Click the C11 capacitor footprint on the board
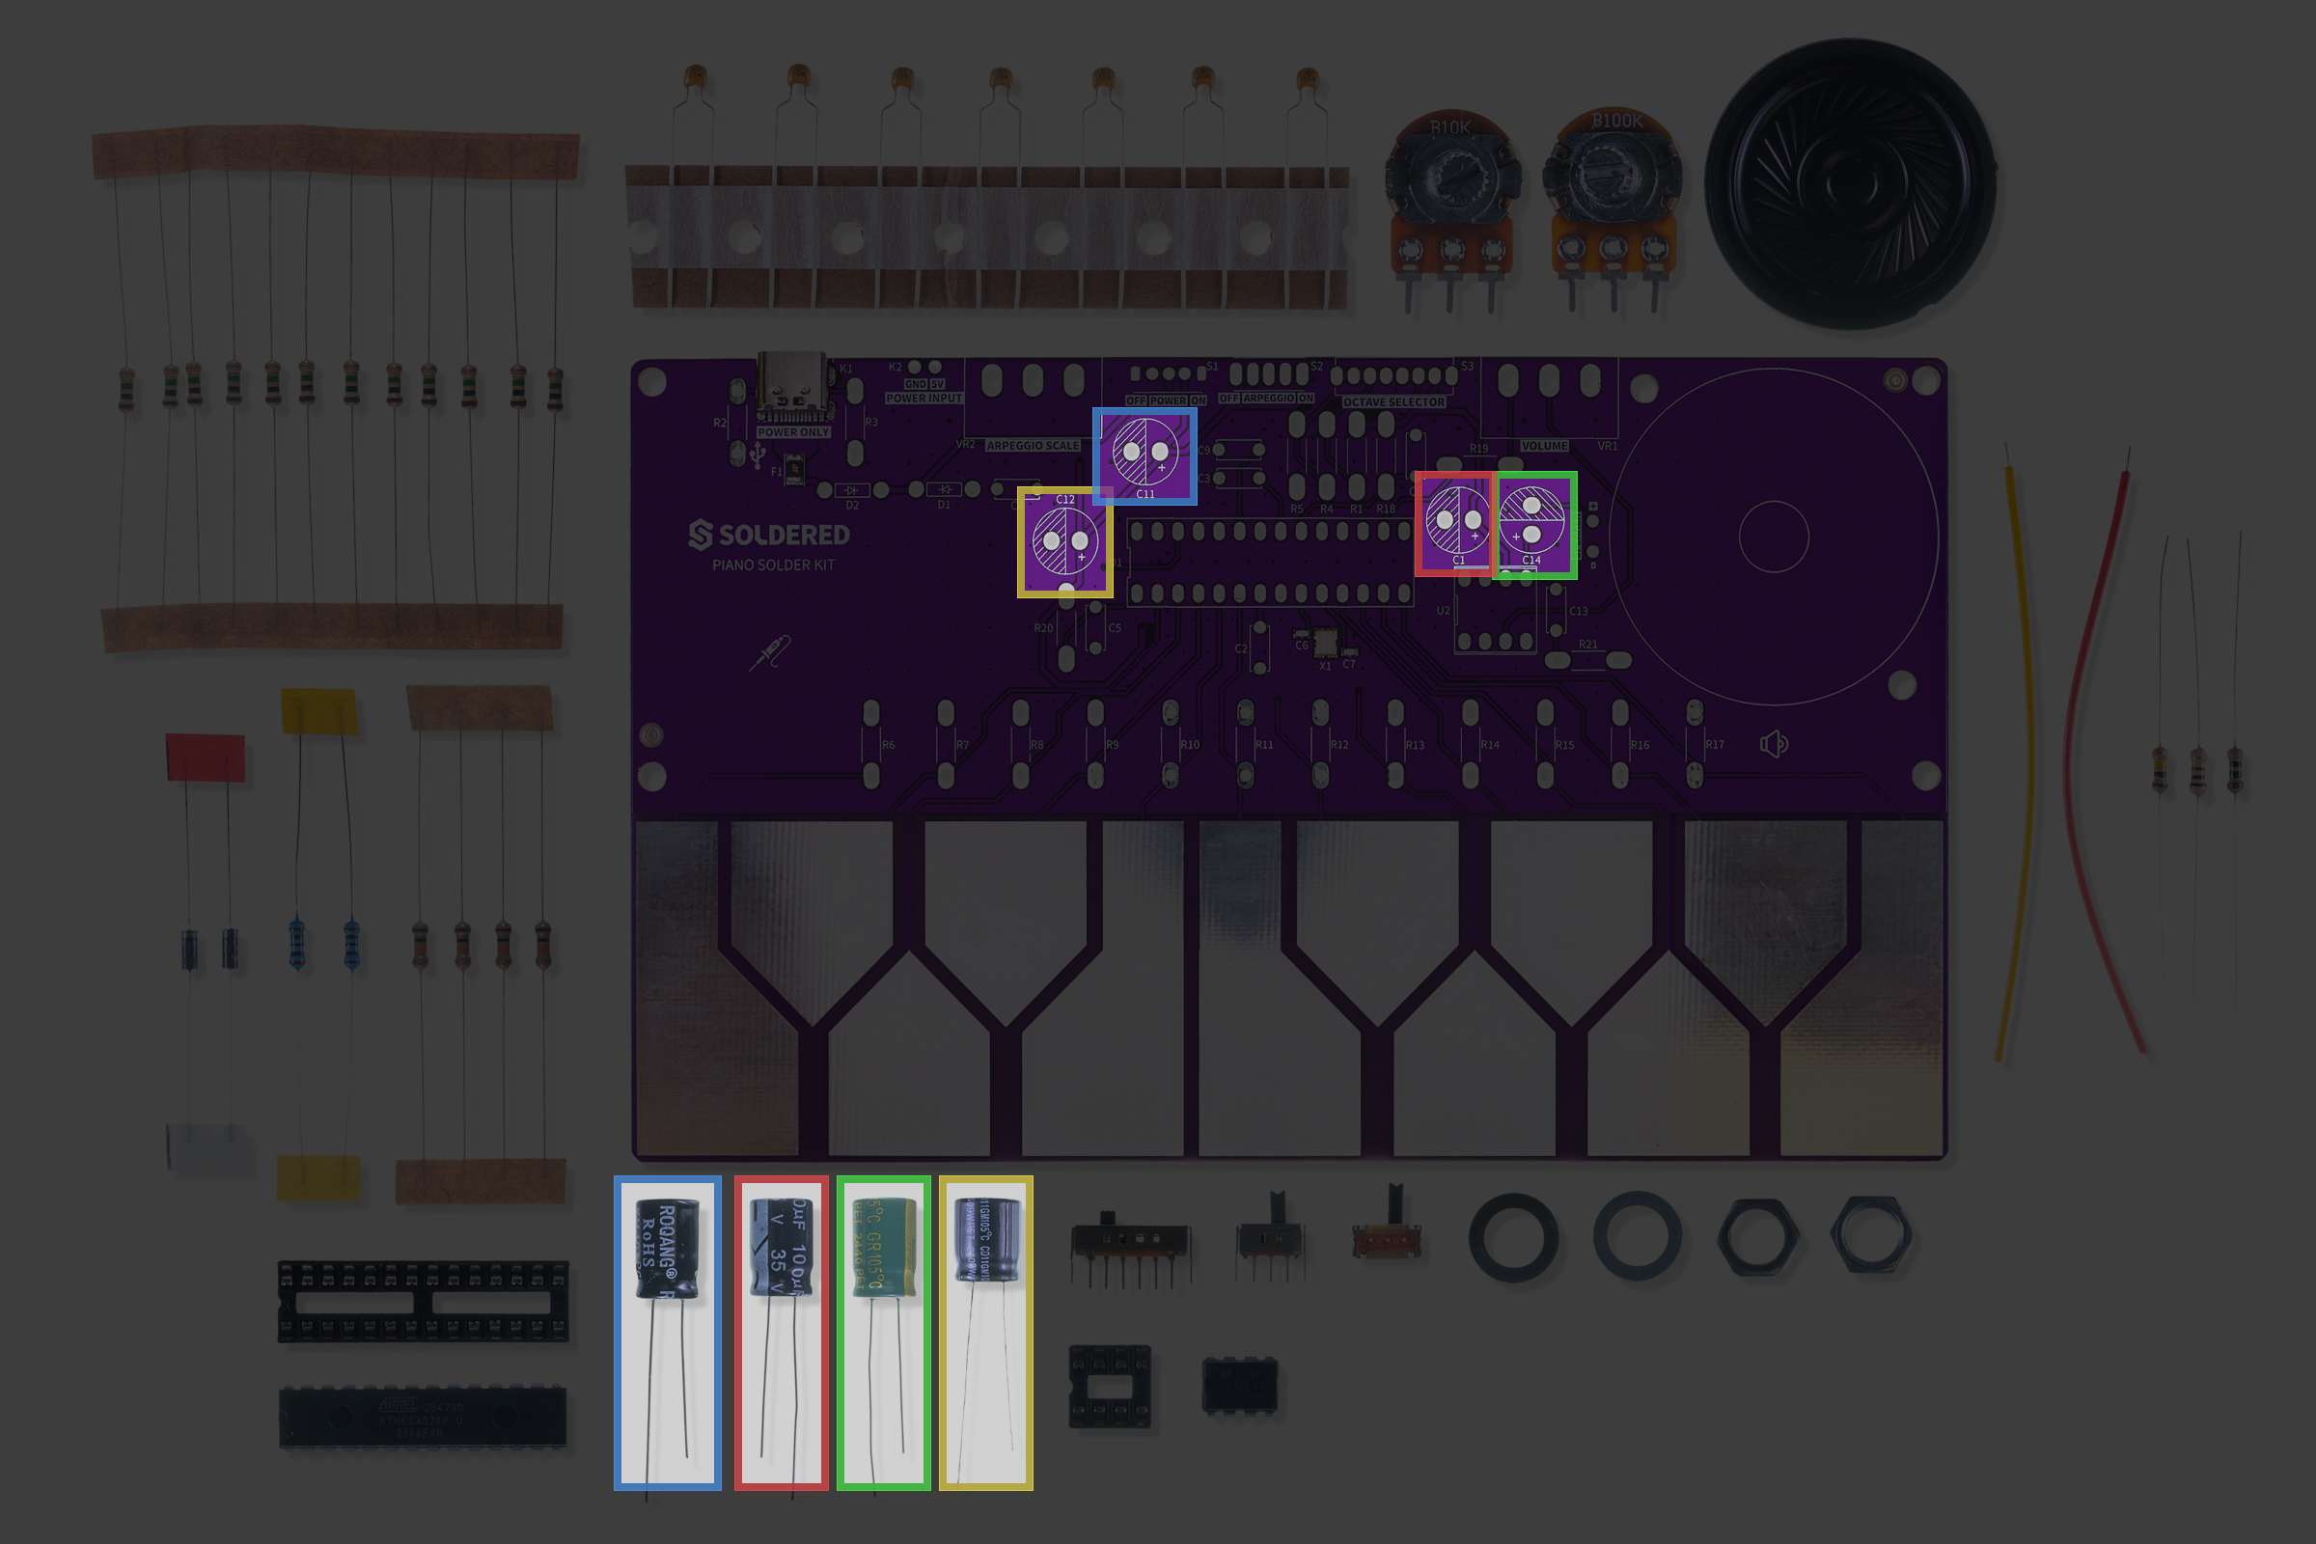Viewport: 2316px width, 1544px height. click(x=1144, y=455)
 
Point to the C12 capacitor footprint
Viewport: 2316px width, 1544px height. click(x=1065, y=541)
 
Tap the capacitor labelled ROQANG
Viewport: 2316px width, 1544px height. click(x=668, y=1249)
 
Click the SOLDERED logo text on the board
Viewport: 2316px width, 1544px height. click(x=769, y=535)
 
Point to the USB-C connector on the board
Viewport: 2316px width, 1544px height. click(x=791, y=384)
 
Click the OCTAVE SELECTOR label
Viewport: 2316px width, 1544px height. click(x=1393, y=401)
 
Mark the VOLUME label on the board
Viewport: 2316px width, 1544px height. click(x=1543, y=446)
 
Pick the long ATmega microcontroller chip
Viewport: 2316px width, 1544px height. click(x=423, y=1417)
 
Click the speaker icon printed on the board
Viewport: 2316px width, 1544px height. click(x=1774, y=743)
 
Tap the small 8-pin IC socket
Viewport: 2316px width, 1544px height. click(x=1109, y=1386)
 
